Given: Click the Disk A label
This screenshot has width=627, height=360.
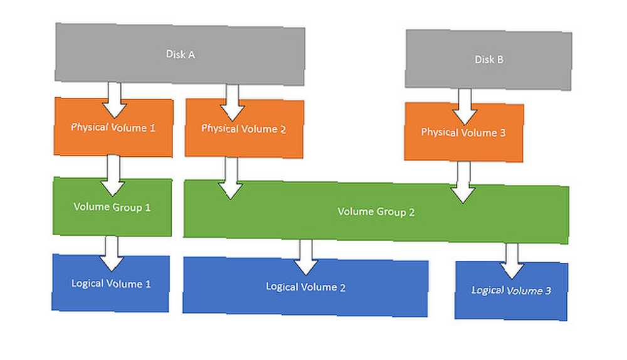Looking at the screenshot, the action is pyautogui.click(x=181, y=55).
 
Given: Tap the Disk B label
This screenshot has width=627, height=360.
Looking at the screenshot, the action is pyautogui.click(x=488, y=60).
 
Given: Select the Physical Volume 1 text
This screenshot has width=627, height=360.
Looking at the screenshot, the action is pyautogui.click(x=113, y=127).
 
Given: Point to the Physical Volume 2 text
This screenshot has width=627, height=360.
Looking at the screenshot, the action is pyautogui.click(x=243, y=129).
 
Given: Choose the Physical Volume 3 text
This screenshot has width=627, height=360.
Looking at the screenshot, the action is pyautogui.click(x=463, y=132).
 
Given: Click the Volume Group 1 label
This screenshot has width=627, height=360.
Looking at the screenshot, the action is pyautogui.click(x=112, y=207).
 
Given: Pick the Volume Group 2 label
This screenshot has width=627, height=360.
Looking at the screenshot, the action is pyautogui.click(x=376, y=211).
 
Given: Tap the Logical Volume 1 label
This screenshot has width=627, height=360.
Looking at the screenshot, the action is pyautogui.click(x=111, y=283).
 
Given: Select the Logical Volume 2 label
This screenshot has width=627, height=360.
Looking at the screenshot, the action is pyautogui.click(x=305, y=287).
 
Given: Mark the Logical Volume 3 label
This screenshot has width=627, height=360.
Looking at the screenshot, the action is pyautogui.click(x=511, y=290).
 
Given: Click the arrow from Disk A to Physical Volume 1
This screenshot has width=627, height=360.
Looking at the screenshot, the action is pyautogui.click(x=114, y=100).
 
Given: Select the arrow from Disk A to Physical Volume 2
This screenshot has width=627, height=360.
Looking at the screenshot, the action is pyautogui.click(x=233, y=102).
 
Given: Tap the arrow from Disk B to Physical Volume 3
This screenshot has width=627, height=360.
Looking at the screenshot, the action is pyautogui.click(x=464, y=107).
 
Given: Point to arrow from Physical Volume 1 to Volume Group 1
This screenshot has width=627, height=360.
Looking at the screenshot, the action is pyautogui.click(x=113, y=176).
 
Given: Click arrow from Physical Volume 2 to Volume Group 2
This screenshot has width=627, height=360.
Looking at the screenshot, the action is pyautogui.click(x=231, y=178).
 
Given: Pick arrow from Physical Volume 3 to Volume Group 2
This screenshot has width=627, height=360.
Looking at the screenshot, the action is pyautogui.click(x=463, y=183).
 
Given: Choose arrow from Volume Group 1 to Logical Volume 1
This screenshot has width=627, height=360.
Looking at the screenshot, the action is pyautogui.click(x=112, y=253).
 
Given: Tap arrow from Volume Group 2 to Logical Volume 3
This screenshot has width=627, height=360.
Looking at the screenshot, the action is pyautogui.click(x=512, y=261).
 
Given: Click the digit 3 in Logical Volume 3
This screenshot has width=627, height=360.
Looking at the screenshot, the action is pyautogui.click(x=548, y=290).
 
